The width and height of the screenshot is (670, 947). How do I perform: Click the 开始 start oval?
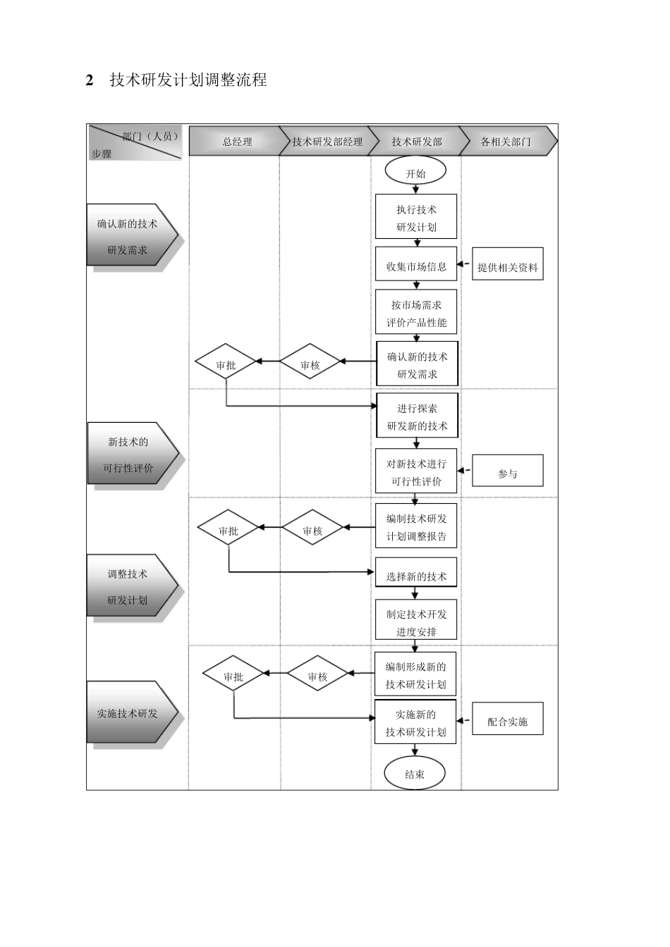tap(415, 173)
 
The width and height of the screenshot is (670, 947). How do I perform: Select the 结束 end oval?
tap(415, 774)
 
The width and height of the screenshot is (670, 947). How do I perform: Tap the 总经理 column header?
tap(237, 142)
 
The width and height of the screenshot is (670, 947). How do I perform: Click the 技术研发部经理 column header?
tap(327, 142)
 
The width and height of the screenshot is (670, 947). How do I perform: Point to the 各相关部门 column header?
tap(506, 142)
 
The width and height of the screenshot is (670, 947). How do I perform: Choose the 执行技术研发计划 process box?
tap(416, 217)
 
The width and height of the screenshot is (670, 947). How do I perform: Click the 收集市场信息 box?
tap(416, 266)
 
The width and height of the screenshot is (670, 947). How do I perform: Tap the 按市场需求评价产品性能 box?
tap(416, 313)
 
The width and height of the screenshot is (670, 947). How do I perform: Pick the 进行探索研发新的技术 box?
tap(417, 416)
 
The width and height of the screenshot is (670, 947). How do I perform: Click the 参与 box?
tap(507, 472)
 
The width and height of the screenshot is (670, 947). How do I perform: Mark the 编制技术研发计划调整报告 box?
tap(416, 526)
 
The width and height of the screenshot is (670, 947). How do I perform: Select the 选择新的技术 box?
tap(416, 575)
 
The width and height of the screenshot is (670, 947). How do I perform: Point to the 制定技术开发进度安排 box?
tap(416, 621)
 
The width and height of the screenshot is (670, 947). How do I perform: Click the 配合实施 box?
tap(507, 720)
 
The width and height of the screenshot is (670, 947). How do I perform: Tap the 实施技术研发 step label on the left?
tap(128, 712)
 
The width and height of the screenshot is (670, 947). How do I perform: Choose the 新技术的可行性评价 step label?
tap(128, 454)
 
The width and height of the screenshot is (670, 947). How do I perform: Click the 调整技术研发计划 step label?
tap(128, 586)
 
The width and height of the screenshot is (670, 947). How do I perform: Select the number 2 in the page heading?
tap(90, 80)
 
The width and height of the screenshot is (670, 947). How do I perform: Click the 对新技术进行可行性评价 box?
tap(416, 471)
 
